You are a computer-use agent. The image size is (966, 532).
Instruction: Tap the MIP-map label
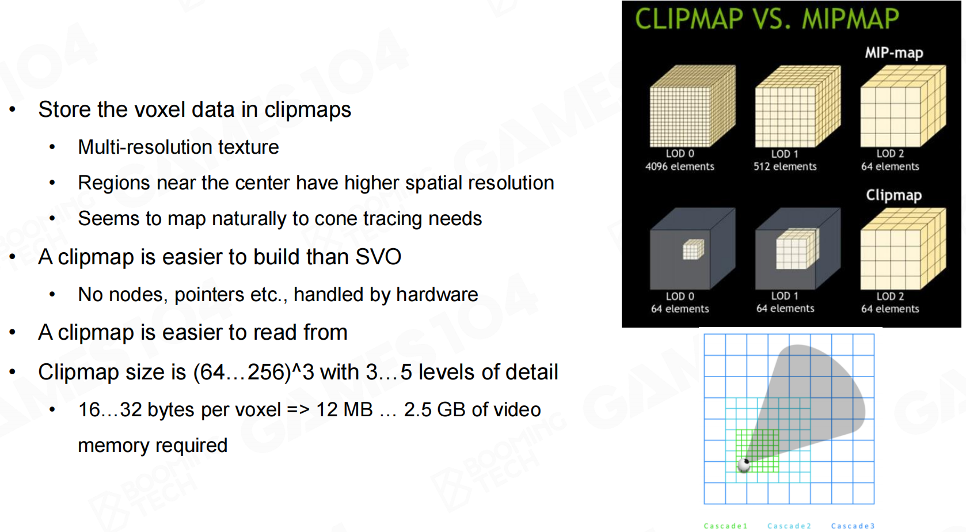(894, 52)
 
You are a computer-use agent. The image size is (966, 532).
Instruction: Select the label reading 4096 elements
(680, 166)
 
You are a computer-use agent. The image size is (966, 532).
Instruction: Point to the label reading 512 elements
(785, 166)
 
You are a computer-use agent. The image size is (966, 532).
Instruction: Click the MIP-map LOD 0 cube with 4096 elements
(693, 106)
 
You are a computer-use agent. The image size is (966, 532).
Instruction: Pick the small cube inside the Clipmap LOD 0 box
(694, 249)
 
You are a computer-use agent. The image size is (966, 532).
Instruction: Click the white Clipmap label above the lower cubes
(894, 195)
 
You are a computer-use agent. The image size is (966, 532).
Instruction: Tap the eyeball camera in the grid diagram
(744, 465)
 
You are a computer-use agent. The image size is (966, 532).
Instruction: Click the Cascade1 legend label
(725, 526)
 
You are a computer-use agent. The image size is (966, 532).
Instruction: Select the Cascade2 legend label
(789, 526)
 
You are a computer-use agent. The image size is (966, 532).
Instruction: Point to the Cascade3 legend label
(853, 526)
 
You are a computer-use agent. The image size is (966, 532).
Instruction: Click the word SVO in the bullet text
(378, 257)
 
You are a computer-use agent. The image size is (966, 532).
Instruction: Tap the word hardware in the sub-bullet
(437, 295)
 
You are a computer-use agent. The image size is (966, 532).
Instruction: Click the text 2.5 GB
(435, 410)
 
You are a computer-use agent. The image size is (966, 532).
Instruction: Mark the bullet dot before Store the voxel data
(13, 109)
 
